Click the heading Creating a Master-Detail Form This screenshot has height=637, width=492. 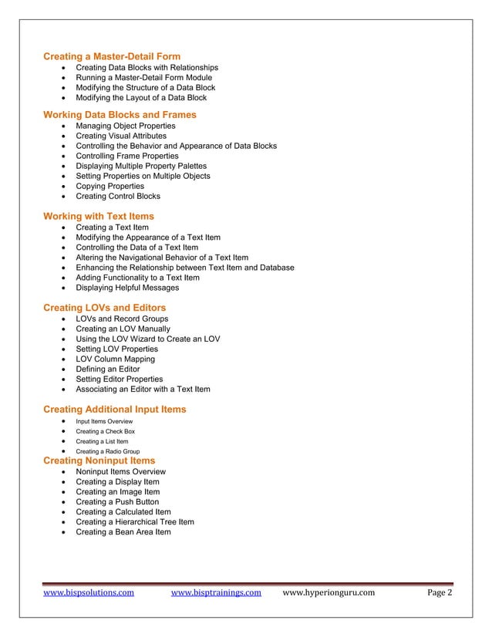[112, 56]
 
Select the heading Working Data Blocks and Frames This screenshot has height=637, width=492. [120, 114]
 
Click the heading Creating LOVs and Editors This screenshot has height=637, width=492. [104, 307]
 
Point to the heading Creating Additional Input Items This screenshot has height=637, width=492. [114, 409]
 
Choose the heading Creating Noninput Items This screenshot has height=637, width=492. [99, 460]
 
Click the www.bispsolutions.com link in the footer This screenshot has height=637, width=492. [89, 593]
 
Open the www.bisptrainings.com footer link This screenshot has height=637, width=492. [215, 593]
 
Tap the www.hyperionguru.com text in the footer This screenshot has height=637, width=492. [329, 593]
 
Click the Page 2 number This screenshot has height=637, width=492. [440, 593]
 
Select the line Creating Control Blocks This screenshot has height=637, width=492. [118, 196]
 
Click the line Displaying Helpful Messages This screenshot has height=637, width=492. [127, 288]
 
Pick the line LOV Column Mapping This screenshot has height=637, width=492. [115, 359]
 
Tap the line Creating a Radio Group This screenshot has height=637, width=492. [107, 451]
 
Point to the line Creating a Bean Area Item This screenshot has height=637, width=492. [123, 531]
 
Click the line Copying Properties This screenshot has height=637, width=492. [110, 186]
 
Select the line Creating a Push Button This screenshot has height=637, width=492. [117, 501]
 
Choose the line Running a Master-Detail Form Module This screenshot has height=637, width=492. [143, 78]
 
